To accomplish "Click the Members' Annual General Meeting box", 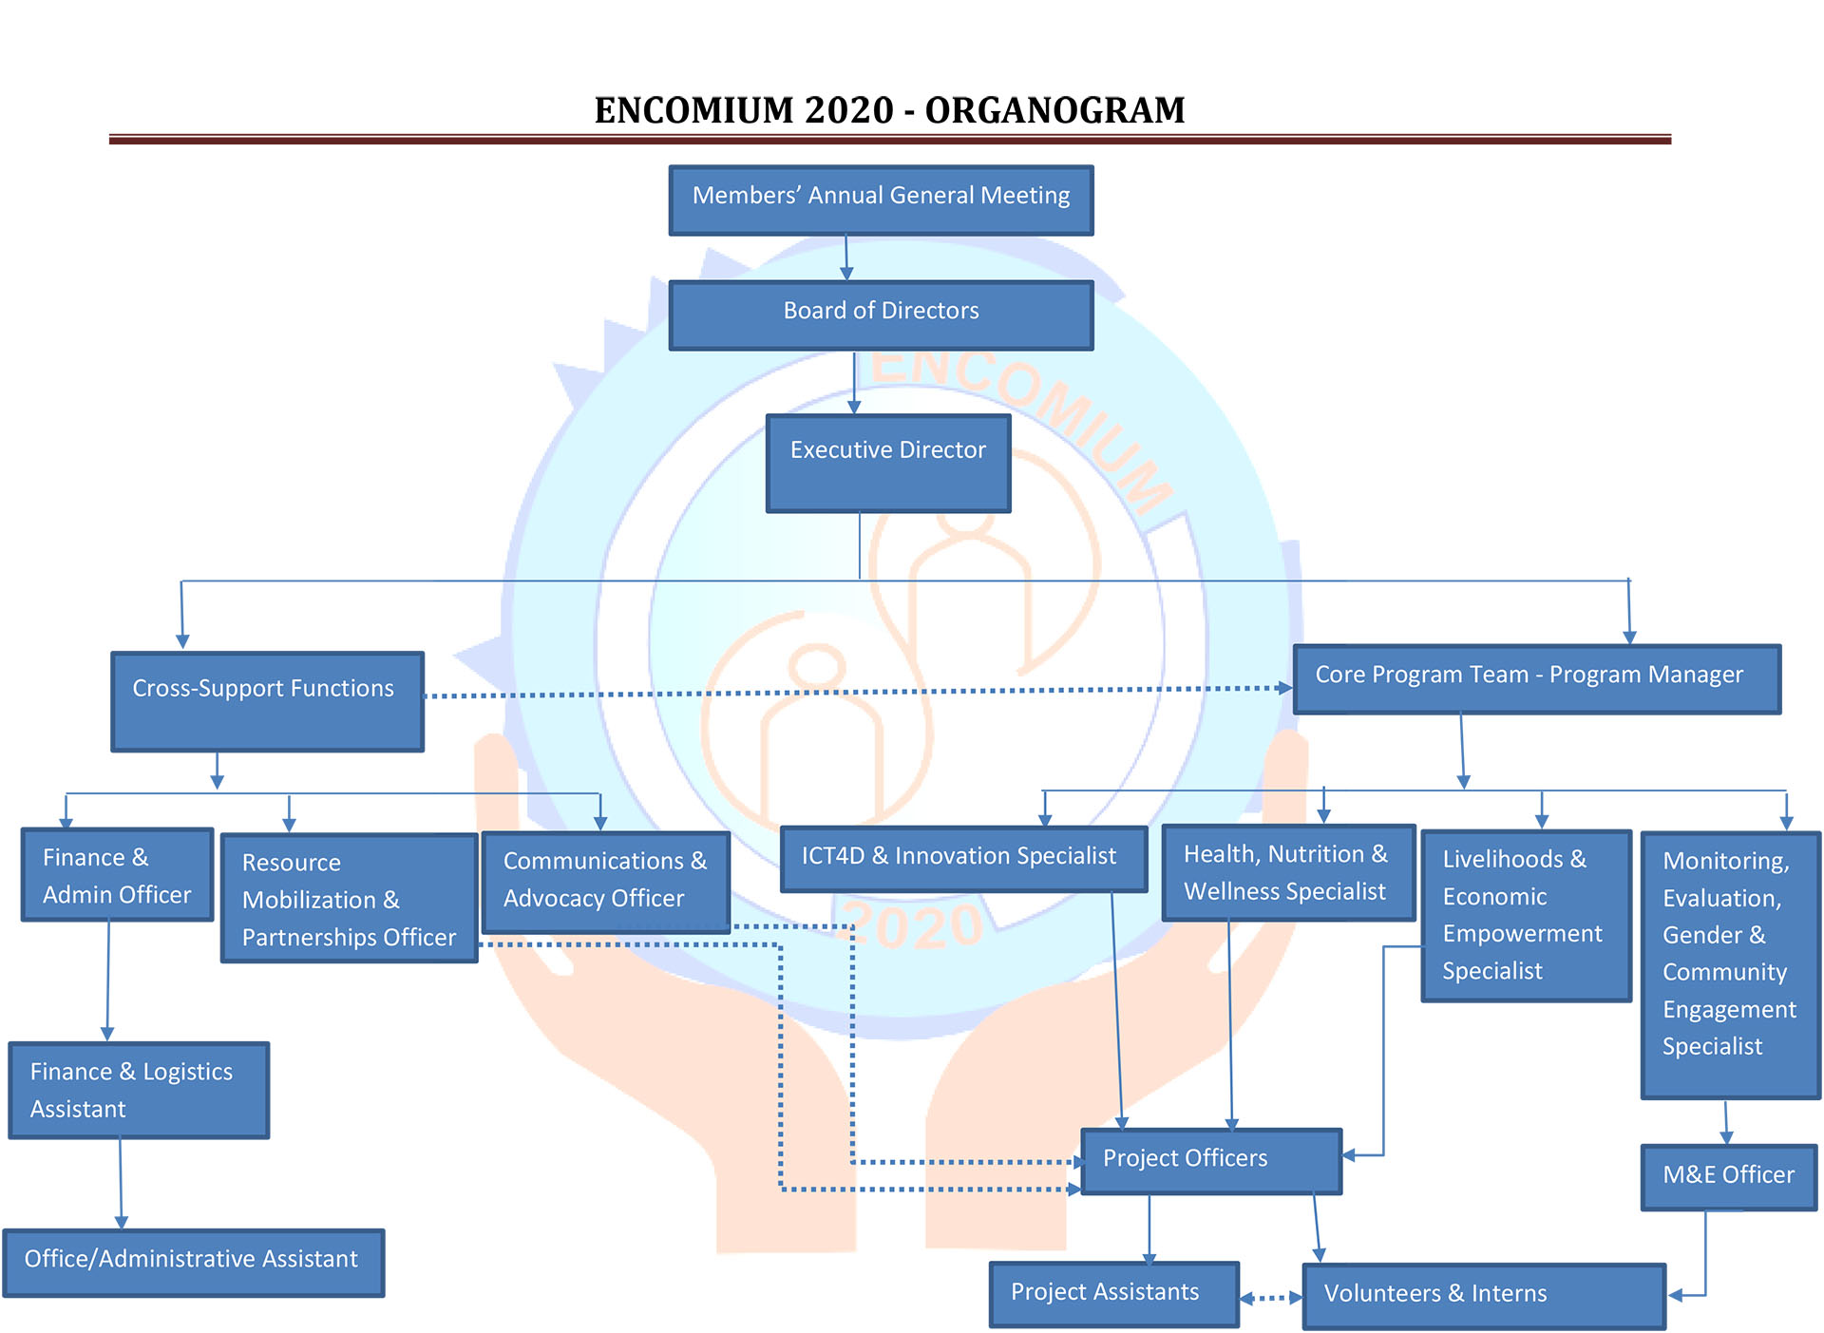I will [881, 200].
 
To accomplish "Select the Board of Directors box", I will [881, 315].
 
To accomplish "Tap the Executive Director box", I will [888, 464].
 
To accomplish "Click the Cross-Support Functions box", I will [267, 701].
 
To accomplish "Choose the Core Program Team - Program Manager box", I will [1536, 679].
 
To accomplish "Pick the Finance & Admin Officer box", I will [117, 874].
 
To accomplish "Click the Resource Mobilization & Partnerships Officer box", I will [349, 898].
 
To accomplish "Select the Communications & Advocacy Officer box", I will [605, 882].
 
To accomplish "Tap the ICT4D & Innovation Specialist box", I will [963, 858].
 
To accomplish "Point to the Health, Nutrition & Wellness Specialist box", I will [1288, 872].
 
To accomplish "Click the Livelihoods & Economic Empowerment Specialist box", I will [1526, 915].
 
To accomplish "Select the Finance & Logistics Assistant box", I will [139, 1090].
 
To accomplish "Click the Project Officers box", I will [1211, 1160].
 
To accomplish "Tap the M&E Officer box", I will [1728, 1176].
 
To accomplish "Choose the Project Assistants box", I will [1113, 1294].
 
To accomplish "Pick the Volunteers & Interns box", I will [1484, 1296].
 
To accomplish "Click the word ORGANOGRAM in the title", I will [1054, 110].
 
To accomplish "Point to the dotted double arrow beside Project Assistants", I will [1271, 1298].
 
